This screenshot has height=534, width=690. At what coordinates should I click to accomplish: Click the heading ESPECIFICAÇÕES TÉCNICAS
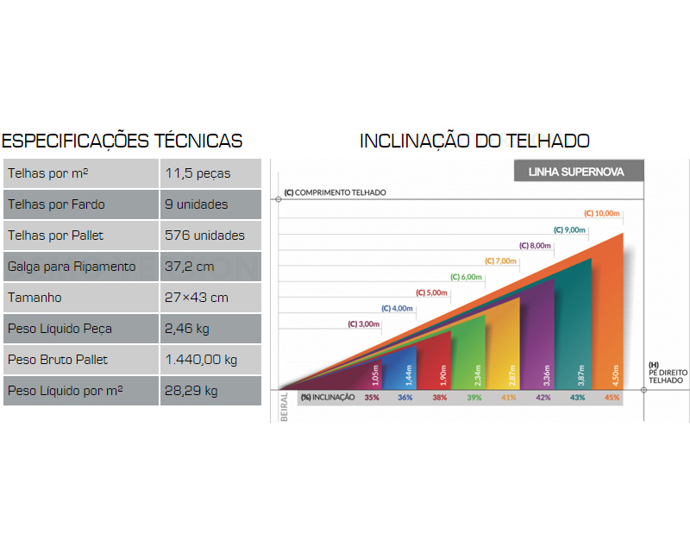coord(122,141)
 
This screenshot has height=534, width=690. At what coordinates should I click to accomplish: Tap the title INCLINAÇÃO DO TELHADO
coord(474,141)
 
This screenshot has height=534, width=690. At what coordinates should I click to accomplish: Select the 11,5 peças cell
coord(198,173)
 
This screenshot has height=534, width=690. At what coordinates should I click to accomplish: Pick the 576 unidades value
coord(204,236)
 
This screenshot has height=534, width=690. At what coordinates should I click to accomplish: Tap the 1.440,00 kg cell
coord(201,360)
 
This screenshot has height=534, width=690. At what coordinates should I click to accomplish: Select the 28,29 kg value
coord(191,391)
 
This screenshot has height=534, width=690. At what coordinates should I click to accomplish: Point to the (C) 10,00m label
coord(602,213)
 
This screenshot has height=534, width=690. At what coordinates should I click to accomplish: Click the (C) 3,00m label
coord(364,324)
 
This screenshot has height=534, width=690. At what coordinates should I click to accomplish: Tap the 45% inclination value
coord(612,398)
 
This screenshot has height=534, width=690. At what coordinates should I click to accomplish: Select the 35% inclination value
coord(372,398)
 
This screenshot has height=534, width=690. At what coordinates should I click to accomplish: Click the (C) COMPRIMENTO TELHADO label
coord(336,192)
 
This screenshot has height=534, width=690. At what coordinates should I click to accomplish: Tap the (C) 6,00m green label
coord(466,277)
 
